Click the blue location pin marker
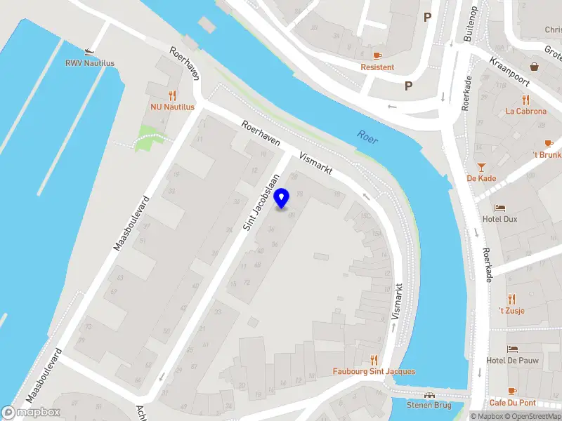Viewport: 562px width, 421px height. [x=282, y=199]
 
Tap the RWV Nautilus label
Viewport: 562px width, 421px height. [x=90, y=63]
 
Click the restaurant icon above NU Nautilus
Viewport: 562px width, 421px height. [x=172, y=95]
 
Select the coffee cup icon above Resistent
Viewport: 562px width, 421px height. [x=377, y=55]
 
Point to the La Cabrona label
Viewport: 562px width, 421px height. [x=525, y=111]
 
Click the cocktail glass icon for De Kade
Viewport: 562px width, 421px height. [x=481, y=167]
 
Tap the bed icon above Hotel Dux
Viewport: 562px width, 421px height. [x=499, y=208]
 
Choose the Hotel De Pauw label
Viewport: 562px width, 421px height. [x=511, y=361]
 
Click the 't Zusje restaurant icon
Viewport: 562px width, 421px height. [x=511, y=298]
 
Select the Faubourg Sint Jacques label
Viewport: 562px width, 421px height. [x=374, y=371]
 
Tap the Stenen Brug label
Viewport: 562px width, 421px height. [x=429, y=405]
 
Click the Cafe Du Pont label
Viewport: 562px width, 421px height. [x=513, y=403]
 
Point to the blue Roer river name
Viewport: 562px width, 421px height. [x=367, y=137]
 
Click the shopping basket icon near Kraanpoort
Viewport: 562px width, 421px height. [x=535, y=67]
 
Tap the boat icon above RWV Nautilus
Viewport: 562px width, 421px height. [x=89, y=51]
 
